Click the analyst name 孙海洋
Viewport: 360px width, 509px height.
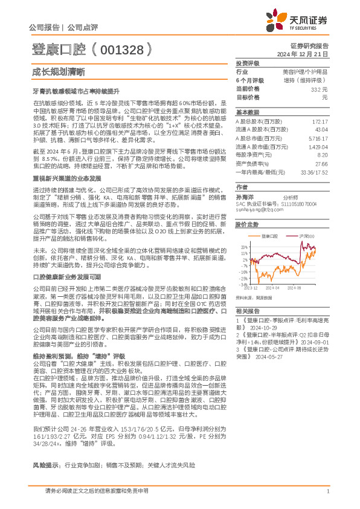(x=244, y=197)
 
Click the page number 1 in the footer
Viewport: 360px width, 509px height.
(x=327, y=491)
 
